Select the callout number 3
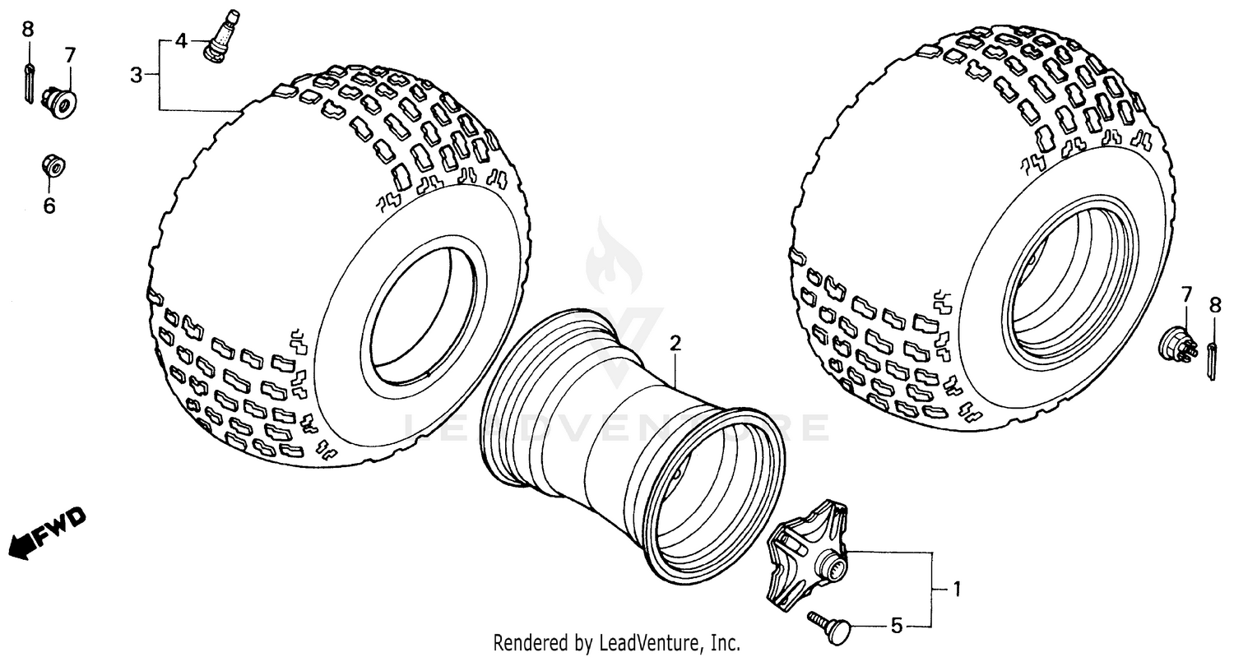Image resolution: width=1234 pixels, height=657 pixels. (x=136, y=76)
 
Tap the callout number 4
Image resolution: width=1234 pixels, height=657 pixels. (x=181, y=40)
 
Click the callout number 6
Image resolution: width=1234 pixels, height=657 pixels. (x=49, y=206)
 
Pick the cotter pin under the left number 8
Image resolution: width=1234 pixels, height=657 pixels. (x=29, y=82)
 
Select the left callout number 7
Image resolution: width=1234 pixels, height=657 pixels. (x=69, y=56)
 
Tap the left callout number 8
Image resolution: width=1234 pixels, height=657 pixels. (x=28, y=30)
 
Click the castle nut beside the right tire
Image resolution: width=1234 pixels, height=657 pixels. (x=1177, y=343)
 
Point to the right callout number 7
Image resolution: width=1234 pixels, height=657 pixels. (x=1186, y=295)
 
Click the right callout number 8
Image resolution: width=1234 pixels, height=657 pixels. (x=1215, y=306)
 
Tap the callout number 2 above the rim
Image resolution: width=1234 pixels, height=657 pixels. (x=675, y=343)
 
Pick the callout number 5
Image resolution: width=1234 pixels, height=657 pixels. (x=897, y=627)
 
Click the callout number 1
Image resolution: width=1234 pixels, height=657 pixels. (x=957, y=589)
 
